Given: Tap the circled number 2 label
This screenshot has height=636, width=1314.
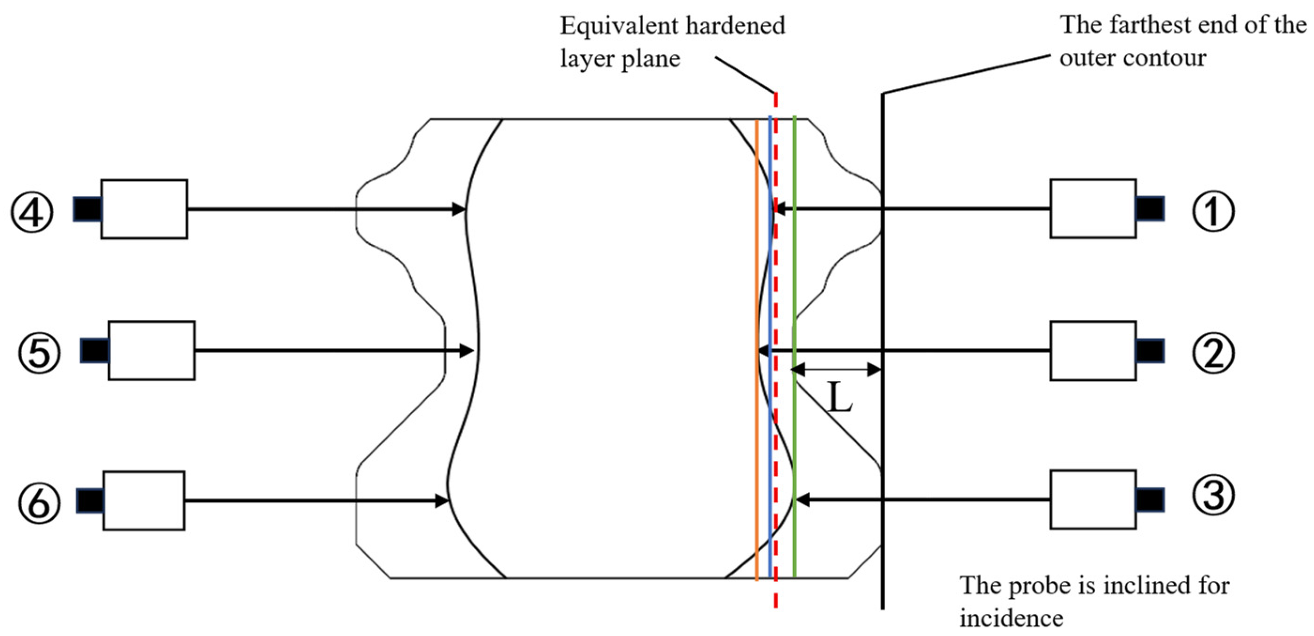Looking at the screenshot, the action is click(x=1213, y=353).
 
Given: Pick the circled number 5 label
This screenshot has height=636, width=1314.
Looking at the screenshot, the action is click(x=39, y=353).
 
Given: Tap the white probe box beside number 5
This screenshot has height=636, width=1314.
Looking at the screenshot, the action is click(x=152, y=350).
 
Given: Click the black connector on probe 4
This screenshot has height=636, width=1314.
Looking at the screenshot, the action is click(x=87, y=209).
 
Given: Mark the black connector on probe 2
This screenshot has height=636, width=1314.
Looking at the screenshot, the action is click(x=1150, y=351).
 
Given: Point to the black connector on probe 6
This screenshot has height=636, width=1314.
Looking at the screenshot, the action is click(x=90, y=500).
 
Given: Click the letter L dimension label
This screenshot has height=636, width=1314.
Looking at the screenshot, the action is click(x=839, y=399).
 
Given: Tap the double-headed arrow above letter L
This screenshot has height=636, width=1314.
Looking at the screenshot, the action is click(x=836, y=369).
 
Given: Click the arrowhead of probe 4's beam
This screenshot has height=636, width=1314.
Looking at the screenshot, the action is click(x=459, y=209).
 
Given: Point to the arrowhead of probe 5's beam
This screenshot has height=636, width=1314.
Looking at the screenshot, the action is click(x=467, y=351).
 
